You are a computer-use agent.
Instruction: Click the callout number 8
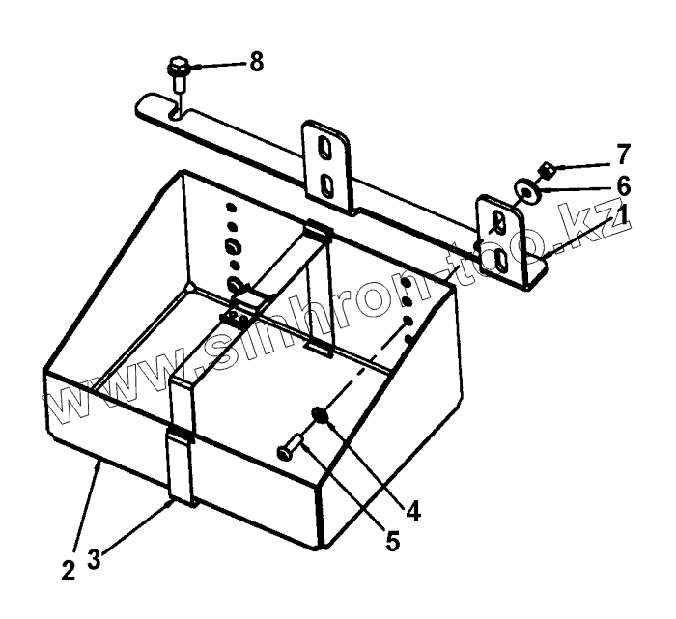point(255,62)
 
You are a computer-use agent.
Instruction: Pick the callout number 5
point(392,541)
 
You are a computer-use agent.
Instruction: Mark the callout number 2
point(67,569)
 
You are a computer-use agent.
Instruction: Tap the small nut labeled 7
point(546,170)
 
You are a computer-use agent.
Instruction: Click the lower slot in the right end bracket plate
point(500,259)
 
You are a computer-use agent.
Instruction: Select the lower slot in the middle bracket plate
point(328,183)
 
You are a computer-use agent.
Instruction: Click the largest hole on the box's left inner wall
point(235,284)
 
